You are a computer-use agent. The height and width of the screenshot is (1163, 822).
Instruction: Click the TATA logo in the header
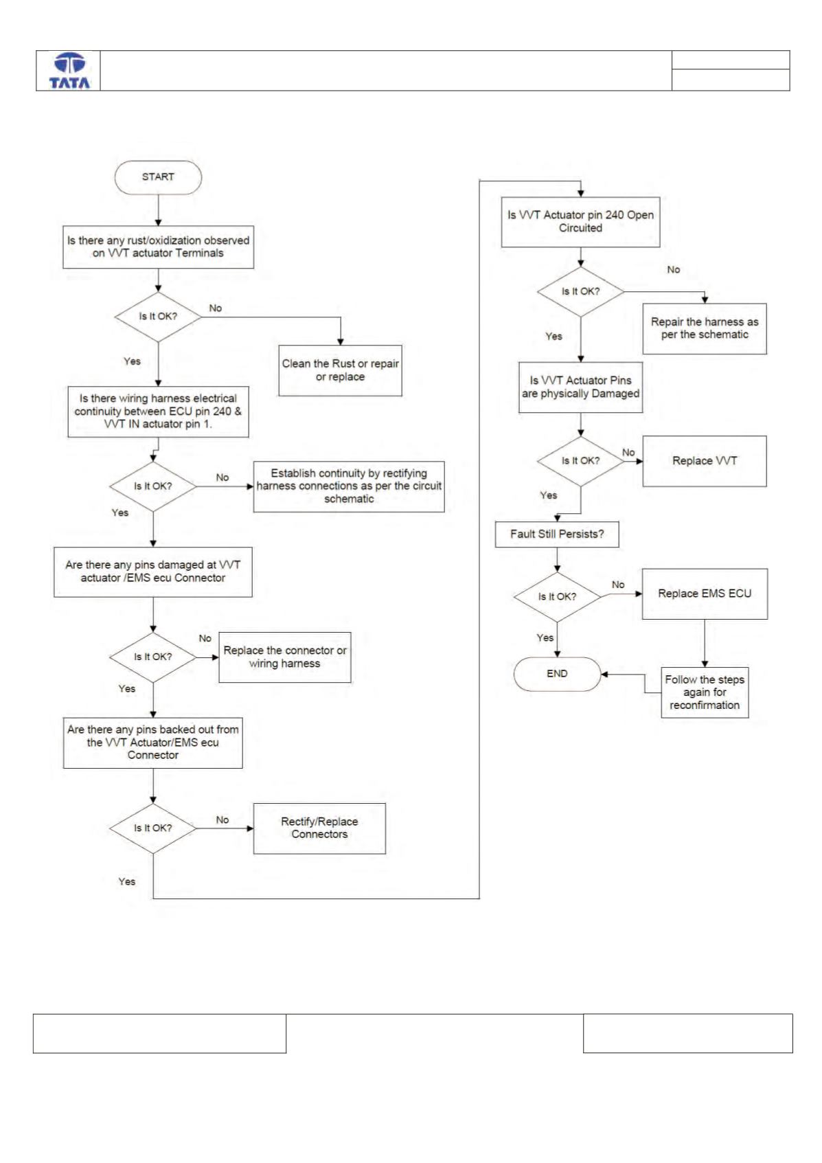pyautogui.click(x=69, y=71)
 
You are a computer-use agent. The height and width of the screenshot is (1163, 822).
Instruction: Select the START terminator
pyautogui.click(x=158, y=177)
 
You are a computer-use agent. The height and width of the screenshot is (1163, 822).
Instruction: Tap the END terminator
pyautogui.click(x=557, y=674)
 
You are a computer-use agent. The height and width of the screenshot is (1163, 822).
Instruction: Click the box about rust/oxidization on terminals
pyautogui.click(x=158, y=247)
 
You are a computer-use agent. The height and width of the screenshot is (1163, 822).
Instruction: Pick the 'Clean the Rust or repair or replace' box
pyautogui.click(x=341, y=371)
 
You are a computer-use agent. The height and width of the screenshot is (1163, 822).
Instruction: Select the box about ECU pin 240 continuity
pyautogui.click(x=158, y=411)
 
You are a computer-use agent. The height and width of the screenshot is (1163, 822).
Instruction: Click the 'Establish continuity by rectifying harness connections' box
pyautogui.click(x=349, y=486)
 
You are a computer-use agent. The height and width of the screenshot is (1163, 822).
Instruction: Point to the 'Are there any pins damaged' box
pyautogui.click(x=153, y=572)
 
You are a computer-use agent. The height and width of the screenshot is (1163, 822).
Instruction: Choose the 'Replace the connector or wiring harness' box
pyautogui.click(x=285, y=657)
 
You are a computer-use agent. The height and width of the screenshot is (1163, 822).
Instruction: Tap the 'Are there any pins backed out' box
pyautogui.click(x=153, y=743)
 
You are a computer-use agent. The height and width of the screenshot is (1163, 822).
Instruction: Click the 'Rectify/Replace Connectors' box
pyautogui.click(x=320, y=828)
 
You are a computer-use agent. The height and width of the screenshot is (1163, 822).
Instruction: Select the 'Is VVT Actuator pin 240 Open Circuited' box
pyautogui.click(x=581, y=222)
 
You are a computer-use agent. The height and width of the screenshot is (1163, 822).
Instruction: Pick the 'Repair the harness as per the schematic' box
pyautogui.click(x=705, y=328)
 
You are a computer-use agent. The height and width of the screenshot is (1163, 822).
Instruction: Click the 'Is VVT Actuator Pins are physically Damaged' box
pyautogui.click(x=581, y=387)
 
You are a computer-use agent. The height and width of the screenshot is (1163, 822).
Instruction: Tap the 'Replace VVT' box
pyautogui.click(x=705, y=461)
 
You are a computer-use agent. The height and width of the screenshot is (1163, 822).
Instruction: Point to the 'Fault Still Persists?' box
pyautogui.click(x=557, y=534)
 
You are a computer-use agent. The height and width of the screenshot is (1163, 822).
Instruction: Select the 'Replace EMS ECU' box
pyautogui.click(x=705, y=594)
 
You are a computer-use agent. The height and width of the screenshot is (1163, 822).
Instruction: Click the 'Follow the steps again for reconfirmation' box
pyautogui.click(x=705, y=692)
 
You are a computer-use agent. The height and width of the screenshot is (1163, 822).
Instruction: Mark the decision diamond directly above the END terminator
pyautogui.click(x=557, y=597)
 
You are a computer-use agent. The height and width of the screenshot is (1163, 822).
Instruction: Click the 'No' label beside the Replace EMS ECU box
pyautogui.click(x=618, y=585)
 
